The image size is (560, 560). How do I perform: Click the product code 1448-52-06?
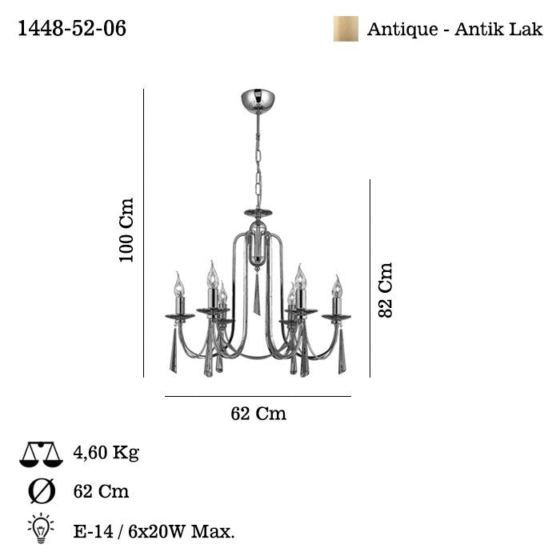point(72,28)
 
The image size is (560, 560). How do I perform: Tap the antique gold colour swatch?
point(346,29)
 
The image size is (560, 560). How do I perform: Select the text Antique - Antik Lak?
point(454,30)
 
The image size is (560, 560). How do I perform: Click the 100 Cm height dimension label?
point(126,230)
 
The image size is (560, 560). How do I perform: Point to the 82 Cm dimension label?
point(386,290)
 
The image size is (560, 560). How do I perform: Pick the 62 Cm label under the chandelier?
point(258,414)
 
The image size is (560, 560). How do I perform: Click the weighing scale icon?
point(41,454)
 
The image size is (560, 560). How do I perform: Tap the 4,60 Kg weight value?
point(106,453)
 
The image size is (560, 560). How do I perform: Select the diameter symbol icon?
point(42,491)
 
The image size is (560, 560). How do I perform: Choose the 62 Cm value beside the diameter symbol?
point(101,491)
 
